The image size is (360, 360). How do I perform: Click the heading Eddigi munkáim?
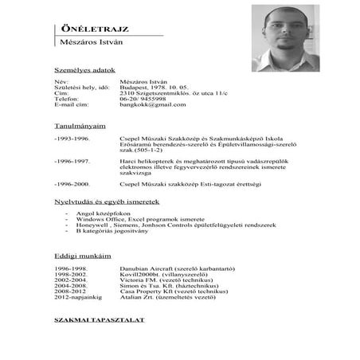[x=78, y=257]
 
